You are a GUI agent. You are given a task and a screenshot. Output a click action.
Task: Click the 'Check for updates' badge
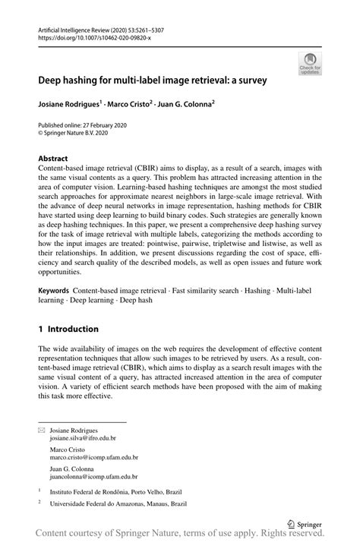click(x=309, y=64)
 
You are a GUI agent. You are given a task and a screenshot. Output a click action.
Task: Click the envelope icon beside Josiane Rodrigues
click(x=41, y=430)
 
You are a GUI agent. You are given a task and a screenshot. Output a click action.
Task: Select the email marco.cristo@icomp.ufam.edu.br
click(x=94, y=458)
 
